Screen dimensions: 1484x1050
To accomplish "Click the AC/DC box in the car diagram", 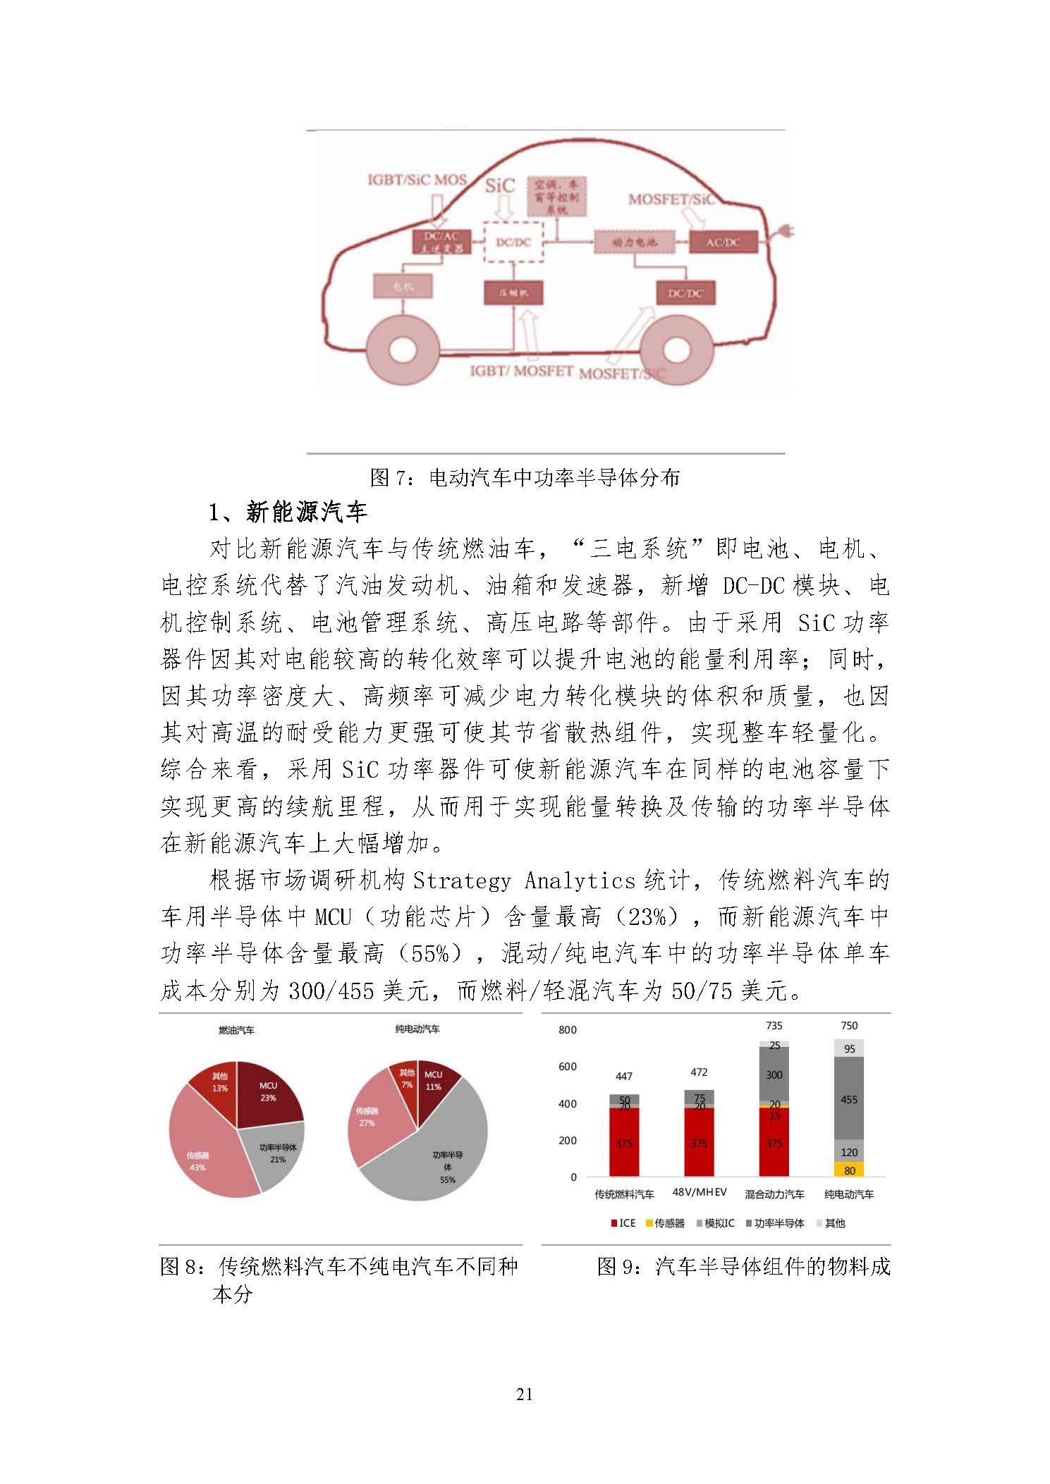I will pos(723,242).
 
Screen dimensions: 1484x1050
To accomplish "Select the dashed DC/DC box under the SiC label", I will pos(513,242).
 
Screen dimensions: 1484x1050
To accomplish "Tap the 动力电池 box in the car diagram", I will pos(634,242).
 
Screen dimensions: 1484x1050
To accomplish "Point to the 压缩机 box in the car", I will pos(513,293).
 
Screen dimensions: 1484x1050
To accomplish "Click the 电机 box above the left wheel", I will pos(402,286).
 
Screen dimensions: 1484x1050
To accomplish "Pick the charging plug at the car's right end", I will pos(783,232).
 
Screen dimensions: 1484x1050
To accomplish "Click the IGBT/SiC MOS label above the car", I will pos(417,180).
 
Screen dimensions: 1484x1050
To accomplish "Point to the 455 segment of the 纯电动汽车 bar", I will pos(849,1099).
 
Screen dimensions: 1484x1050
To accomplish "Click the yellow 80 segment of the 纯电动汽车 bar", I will pos(849,1170).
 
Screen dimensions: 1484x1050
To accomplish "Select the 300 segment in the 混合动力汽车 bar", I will pos(774,1075).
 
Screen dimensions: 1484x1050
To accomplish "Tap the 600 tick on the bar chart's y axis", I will pos(568,1067).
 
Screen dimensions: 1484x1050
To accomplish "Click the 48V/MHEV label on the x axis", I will pos(699,1191).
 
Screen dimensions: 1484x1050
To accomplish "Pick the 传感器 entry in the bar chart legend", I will pos(664,1223).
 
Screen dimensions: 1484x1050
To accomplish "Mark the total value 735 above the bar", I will pos(774,1026).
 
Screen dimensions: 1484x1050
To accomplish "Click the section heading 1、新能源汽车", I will pos(288,512).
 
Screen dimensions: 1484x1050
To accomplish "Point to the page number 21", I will pos(525,1394).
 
